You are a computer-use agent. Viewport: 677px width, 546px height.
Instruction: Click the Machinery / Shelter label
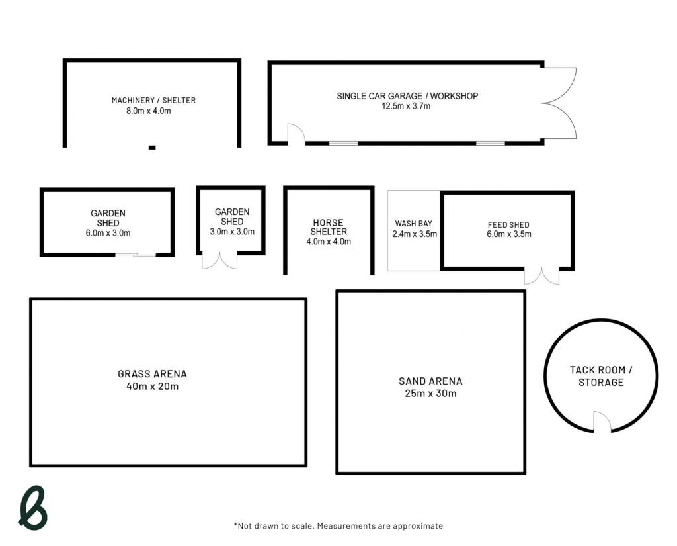click(153, 101)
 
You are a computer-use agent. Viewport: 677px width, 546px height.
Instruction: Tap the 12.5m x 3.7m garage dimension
click(406, 107)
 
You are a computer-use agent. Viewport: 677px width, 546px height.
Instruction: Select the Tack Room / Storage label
click(601, 376)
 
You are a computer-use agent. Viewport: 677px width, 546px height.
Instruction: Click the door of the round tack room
click(602, 422)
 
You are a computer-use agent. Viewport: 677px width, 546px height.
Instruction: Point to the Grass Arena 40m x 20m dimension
click(153, 387)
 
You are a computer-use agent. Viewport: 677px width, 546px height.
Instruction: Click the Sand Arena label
click(430, 381)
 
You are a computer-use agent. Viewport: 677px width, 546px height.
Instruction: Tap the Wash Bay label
click(414, 224)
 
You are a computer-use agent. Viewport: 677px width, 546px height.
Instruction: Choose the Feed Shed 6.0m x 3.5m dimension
click(509, 234)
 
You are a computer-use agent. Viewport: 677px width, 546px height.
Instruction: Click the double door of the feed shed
click(542, 276)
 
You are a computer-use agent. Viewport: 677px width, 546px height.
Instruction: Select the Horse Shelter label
click(329, 227)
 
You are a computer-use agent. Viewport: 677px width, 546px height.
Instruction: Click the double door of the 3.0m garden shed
click(219, 261)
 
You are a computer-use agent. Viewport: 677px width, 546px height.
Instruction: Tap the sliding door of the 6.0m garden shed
click(136, 255)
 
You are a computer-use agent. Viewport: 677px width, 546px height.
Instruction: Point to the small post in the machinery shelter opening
click(152, 148)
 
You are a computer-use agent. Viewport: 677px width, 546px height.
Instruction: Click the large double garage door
click(559, 103)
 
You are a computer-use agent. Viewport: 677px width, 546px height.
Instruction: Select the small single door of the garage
click(296, 133)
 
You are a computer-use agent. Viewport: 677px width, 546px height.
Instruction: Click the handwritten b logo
click(33, 508)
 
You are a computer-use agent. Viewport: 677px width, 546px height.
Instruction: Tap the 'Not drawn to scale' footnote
click(338, 526)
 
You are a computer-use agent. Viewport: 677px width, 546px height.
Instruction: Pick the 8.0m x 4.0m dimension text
click(149, 111)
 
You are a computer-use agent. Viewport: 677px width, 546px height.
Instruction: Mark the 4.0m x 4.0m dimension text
click(329, 242)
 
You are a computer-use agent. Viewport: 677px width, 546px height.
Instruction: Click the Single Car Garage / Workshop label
click(407, 96)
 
